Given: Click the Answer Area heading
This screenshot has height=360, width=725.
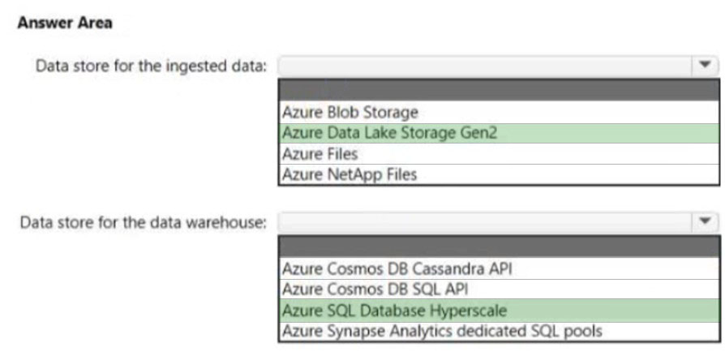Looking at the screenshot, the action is click(65, 23).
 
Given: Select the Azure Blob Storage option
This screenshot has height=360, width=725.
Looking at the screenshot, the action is click(350, 112).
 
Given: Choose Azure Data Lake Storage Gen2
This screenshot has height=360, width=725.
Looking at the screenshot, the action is click(389, 133).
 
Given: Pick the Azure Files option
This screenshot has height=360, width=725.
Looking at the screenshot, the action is click(320, 154).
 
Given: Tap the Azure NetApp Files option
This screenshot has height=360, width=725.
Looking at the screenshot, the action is click(350, 174).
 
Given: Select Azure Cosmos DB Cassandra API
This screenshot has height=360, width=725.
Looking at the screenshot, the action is click(397, 268).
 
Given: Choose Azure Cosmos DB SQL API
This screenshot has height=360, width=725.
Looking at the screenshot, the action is click(375, 289).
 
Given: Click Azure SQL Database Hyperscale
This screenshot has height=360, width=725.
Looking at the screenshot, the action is click(394, 311).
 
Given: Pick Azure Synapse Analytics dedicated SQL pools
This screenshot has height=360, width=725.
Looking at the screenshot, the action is click(442, 332).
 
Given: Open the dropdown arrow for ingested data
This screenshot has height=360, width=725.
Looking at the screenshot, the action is click(705, 66).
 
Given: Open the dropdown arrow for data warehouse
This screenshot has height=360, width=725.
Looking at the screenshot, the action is click(705, 222).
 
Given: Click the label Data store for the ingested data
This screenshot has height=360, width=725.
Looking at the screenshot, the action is click(152, 66).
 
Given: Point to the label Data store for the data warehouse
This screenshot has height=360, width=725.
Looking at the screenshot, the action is click(144, 223).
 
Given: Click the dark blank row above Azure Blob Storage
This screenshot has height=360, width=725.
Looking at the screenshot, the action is click(499, 90).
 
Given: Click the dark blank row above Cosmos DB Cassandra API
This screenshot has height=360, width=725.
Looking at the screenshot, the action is click(499, 246).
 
